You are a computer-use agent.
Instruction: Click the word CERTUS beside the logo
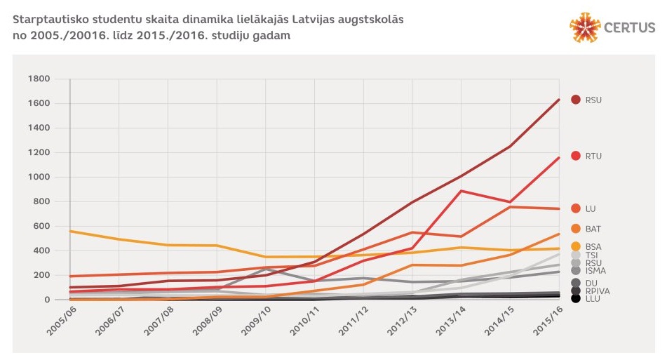point(630,28)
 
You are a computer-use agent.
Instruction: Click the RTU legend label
point(593,156)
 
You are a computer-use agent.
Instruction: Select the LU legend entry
point(591,208)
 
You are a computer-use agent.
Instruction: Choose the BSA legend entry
point(593,246)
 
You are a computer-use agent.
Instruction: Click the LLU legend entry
point(592,299)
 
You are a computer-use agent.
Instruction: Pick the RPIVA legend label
point(595,291)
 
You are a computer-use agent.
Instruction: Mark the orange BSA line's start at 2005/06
point(70,231)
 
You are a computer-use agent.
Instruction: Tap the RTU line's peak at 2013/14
point(461,191)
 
